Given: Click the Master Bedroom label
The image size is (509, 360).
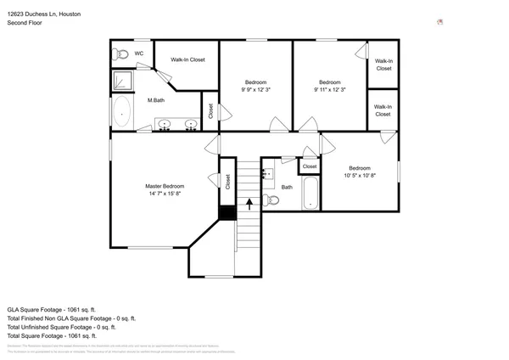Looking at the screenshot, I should [164, 186].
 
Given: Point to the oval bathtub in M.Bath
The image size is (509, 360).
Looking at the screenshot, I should [122, 111].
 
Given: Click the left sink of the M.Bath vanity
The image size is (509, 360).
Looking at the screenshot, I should [165, 124].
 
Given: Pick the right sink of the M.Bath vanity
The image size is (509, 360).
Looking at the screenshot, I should [191, 124].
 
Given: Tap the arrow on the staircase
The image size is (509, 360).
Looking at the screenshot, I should [249, 203].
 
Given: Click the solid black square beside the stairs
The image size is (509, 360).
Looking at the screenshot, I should [227, 213].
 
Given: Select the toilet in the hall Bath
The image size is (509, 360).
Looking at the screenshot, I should [271, 200].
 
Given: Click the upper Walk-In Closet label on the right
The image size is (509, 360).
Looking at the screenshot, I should [383, 65].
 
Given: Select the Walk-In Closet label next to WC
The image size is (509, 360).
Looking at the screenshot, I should [187, 59].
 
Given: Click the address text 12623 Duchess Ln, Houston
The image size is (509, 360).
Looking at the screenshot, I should [44, 14].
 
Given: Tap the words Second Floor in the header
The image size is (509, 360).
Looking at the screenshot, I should [25, 23].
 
